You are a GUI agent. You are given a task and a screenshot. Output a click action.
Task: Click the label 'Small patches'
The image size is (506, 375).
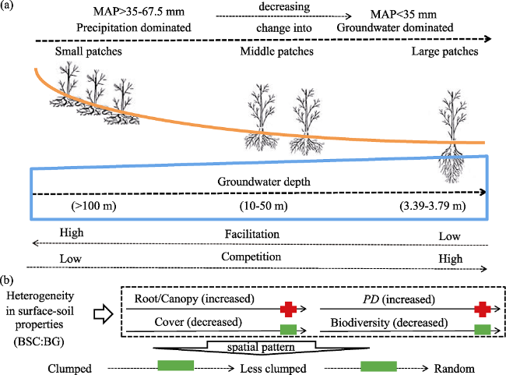point(89,51)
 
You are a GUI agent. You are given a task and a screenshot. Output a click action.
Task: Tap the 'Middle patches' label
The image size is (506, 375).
point(277,51)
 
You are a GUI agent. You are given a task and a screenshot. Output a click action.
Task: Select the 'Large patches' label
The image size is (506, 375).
point(445,51)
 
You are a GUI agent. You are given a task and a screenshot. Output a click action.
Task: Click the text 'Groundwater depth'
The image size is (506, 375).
point(264,182)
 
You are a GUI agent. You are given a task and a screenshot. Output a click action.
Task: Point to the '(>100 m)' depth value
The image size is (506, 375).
point(93,206)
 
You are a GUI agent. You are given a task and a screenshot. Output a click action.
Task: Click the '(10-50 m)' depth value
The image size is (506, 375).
point(264,206)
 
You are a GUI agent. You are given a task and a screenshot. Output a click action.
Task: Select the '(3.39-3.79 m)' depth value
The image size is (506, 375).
point(433,206)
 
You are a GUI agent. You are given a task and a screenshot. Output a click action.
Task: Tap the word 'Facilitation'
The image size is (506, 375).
point(252,234)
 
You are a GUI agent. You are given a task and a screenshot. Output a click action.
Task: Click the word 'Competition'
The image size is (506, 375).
point(251,256)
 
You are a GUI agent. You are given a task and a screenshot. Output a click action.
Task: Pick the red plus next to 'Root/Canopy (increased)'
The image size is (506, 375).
point(288,309)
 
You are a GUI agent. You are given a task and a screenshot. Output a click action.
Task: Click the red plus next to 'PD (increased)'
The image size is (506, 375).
point(483,309)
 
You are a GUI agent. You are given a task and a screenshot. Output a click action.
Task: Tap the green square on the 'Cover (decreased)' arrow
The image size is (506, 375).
point(288,330)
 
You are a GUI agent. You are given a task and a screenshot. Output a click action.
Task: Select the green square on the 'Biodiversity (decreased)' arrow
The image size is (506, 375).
point(483,330)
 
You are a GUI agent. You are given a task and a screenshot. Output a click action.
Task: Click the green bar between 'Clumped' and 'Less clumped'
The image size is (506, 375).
point(176,366)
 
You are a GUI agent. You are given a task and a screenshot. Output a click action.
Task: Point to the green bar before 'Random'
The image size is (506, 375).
point(378,366)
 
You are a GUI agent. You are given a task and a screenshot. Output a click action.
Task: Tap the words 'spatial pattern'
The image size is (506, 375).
point(261,347)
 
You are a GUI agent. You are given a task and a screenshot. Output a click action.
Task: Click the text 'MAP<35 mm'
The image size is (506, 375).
point(403,15)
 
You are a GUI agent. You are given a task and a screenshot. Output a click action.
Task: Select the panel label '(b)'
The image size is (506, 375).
point(7,280)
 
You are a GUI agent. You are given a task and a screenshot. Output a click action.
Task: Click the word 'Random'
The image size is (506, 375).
point(455,369)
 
